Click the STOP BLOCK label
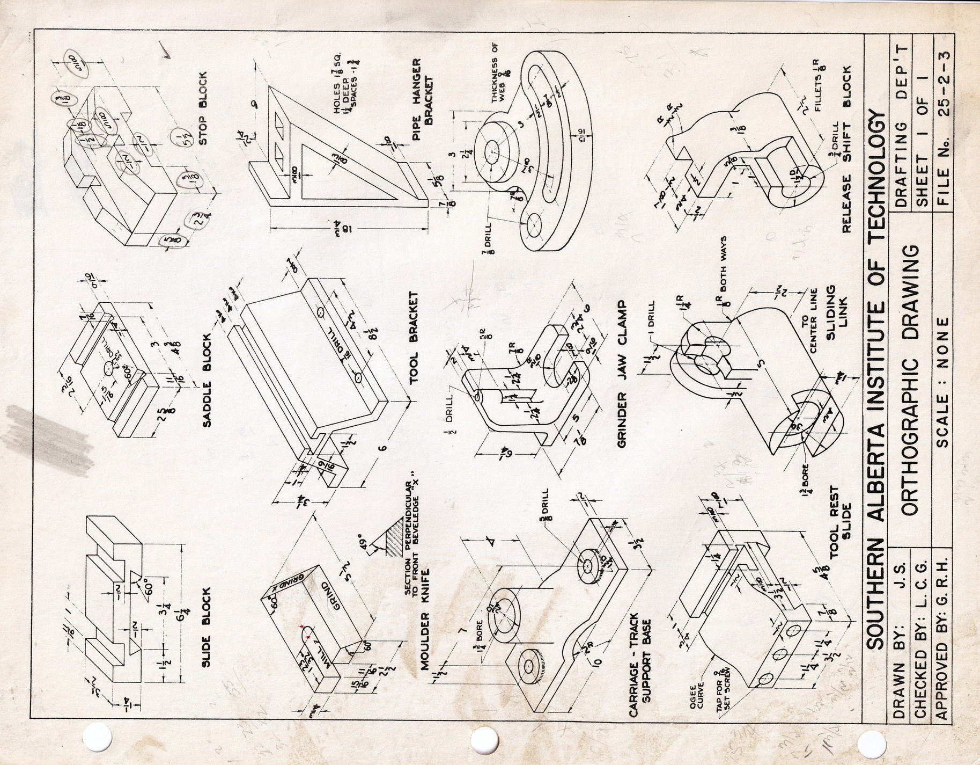pos(203,108)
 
